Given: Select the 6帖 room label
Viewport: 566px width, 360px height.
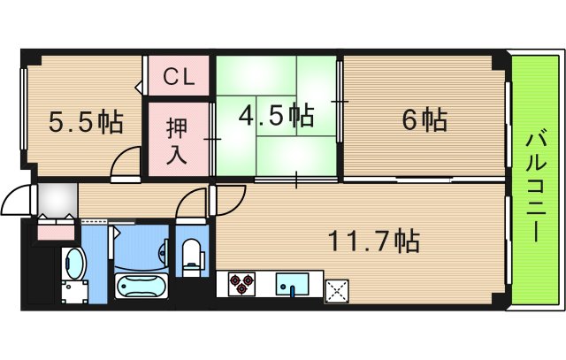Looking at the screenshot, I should click(x=424, y=119).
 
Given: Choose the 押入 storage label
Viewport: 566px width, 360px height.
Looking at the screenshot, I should click(x=178, y=137).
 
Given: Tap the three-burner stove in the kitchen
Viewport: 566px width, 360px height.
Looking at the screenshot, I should click(x=241, y=285).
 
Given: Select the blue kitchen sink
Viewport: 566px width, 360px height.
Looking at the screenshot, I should click(x=293, y=285).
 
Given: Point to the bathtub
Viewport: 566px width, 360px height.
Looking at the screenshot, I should click(x=141, y=287).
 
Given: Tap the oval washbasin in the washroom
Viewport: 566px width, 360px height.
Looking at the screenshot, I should click(x=75, y=262).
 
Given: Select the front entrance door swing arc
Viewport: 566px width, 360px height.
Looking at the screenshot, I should click(x=17, y=203).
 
